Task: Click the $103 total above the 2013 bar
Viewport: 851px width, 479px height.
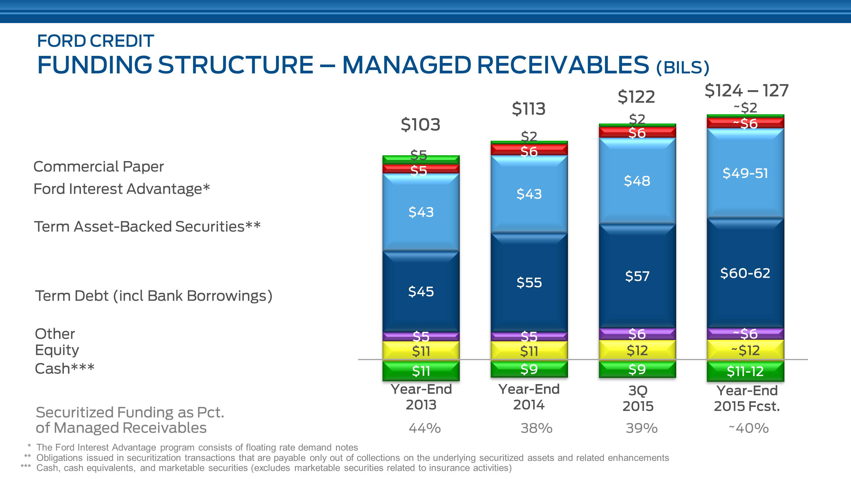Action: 420,124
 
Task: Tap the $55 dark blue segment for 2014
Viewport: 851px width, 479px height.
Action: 529,283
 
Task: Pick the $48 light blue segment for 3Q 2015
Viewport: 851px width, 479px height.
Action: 637,181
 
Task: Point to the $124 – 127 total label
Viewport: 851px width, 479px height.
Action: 746,90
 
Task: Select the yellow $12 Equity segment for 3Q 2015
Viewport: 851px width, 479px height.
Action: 637,350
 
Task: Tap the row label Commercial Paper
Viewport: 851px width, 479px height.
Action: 98,166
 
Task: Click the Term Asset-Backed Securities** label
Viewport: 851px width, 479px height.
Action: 147,227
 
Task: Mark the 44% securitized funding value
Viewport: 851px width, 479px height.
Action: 425,428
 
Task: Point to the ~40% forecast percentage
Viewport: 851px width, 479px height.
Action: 748,428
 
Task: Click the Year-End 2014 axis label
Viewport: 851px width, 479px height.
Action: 529,397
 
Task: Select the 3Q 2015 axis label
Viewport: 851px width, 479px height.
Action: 638,399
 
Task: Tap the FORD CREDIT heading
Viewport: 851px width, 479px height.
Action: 95,41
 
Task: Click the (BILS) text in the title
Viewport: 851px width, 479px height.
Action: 683,68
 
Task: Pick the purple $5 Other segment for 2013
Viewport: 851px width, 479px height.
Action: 421,336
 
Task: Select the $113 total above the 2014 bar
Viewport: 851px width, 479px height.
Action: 529,109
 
